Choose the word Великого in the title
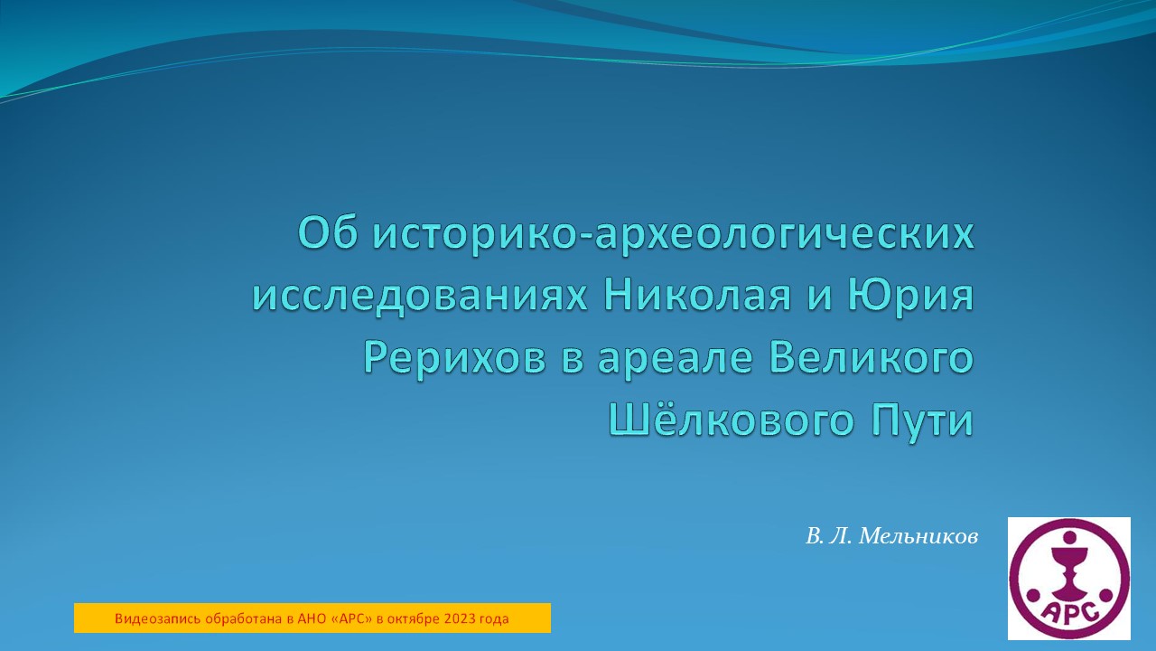[872, 359]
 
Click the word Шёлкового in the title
[720, 421]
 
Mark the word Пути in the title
[921, 421]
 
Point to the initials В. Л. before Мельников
[828, 536]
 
